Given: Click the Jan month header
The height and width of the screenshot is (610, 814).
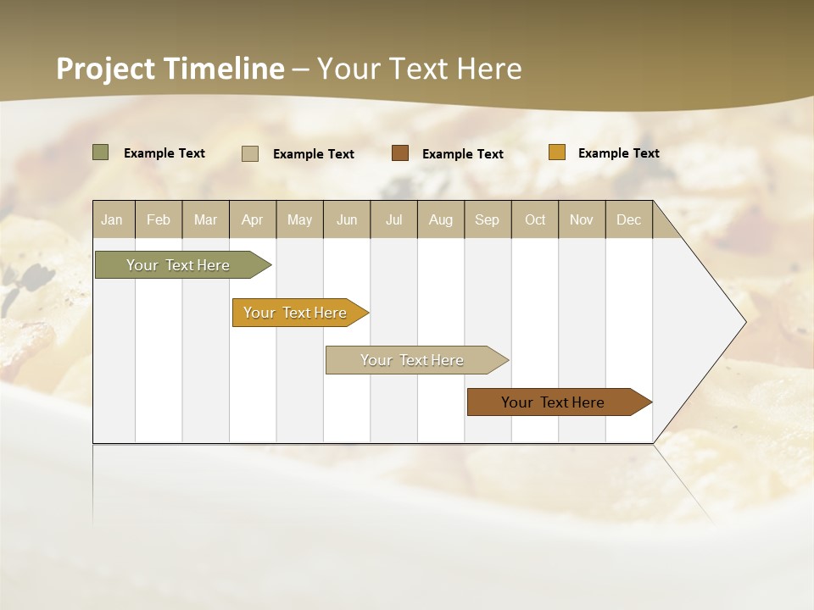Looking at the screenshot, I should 113,219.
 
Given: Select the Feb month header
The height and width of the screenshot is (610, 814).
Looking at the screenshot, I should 159,219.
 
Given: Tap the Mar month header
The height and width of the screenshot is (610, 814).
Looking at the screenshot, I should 205,219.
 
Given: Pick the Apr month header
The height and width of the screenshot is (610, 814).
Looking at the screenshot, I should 253,219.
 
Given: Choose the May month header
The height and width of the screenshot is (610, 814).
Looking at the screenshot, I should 299,219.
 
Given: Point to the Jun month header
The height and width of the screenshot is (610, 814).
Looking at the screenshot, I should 347,219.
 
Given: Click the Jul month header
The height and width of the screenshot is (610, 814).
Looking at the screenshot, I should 393,219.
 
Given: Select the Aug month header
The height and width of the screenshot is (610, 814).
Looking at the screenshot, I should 441,219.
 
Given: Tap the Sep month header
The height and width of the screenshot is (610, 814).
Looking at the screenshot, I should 488,219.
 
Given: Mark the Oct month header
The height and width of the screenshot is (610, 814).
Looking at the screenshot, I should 535,219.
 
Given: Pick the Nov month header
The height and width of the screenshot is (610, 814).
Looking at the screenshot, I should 582,219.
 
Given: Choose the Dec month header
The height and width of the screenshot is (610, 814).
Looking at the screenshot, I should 629,219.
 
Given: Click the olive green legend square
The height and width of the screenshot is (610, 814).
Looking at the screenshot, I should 101,152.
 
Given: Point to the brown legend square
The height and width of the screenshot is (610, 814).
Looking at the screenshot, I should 400,153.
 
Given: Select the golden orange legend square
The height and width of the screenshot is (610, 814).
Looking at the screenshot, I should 557,152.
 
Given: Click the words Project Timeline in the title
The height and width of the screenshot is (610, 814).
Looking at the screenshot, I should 170,69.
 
